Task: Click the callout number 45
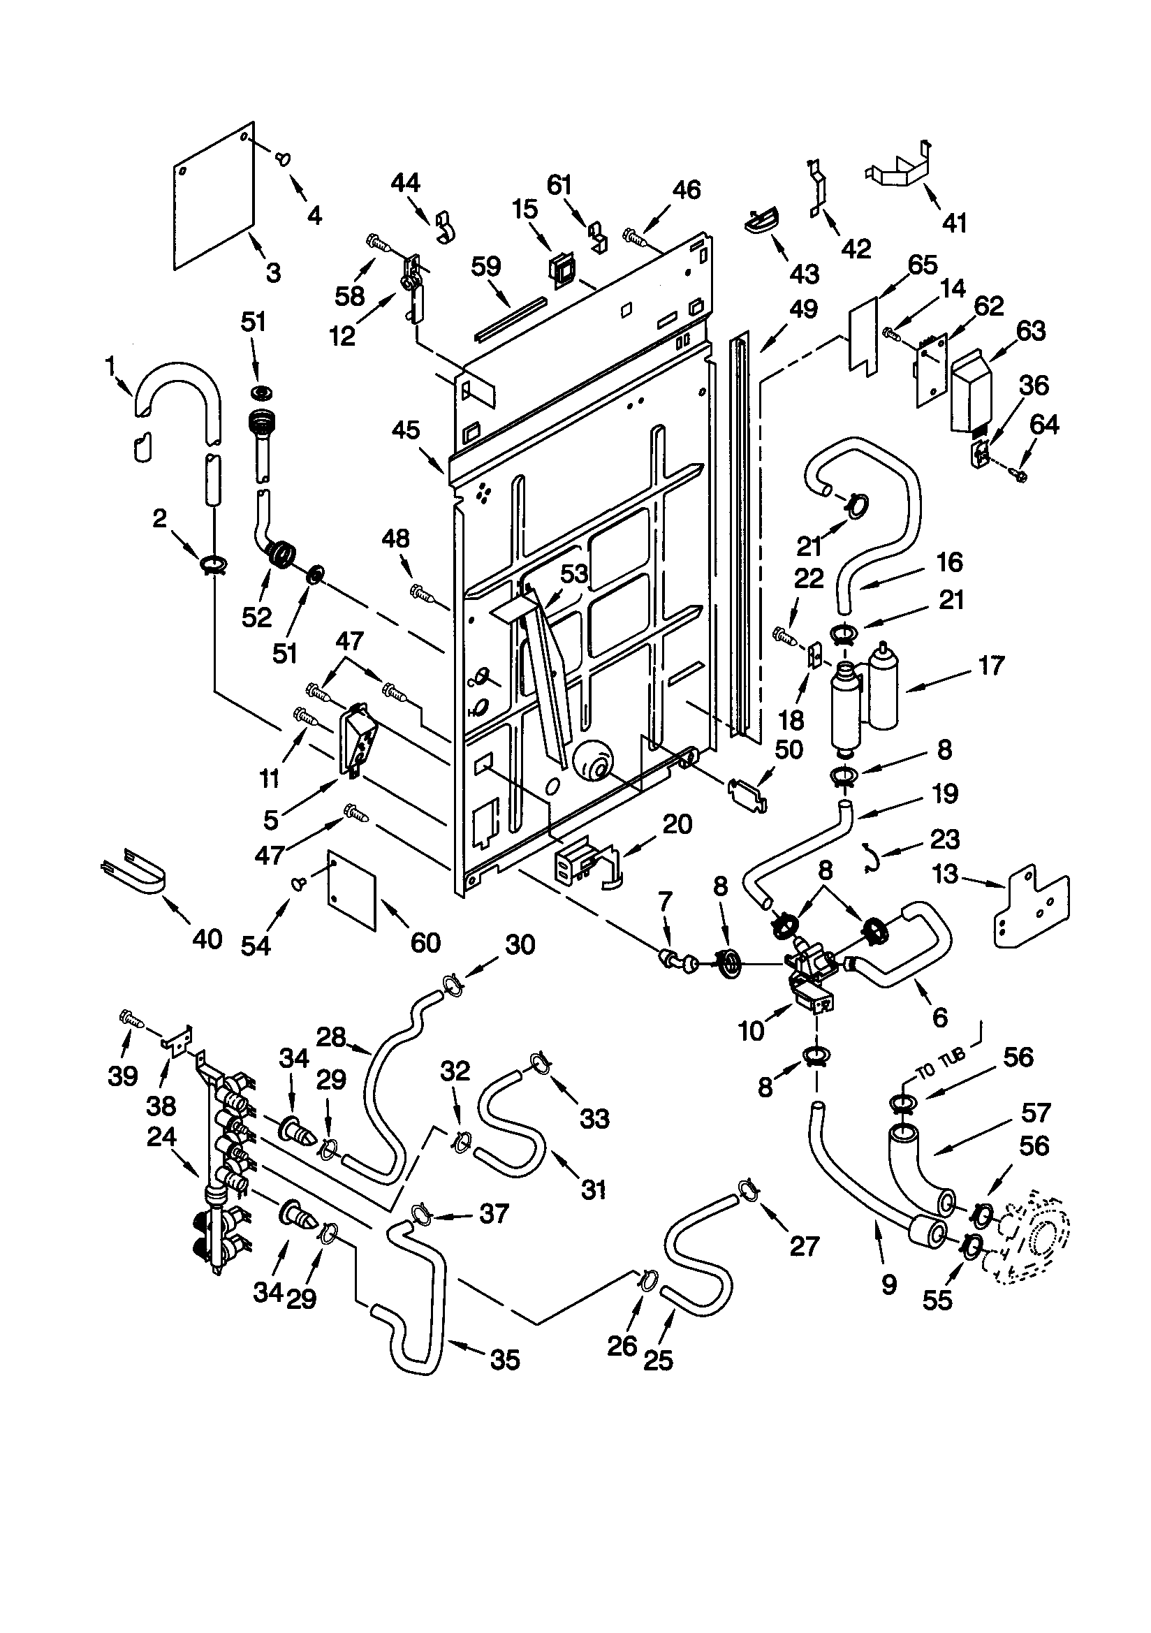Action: [406, 430]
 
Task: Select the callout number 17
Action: [991, 666]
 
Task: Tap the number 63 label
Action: [1031, 331]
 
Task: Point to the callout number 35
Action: [505, 1360]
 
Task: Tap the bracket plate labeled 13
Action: [1029, 907]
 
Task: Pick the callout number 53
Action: [573, 573]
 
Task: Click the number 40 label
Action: [207, 939]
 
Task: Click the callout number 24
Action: [161, 1136]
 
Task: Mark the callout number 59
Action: [486, 267]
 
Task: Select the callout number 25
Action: [657, 1360]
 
